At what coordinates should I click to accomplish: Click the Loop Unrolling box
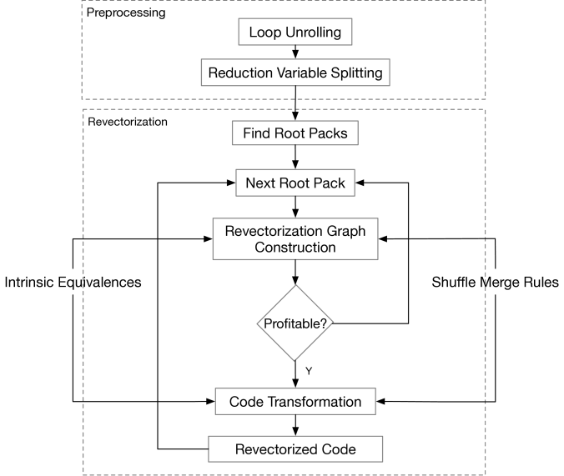[295, 32]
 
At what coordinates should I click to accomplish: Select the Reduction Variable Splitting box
[295, 73]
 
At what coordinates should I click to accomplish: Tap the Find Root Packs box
[295, 133]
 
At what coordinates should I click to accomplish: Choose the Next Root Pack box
[295, 183]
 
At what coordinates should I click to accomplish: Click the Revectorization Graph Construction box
[295, 238]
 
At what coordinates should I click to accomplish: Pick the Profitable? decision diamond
[295, 323]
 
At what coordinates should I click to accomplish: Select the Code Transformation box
[295, 402]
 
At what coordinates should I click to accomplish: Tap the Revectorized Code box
[295, 449]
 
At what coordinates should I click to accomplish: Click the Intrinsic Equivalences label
[73, 283]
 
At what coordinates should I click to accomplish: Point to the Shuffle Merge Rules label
[496, 283]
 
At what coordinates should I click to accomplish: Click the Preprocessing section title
[126, 13]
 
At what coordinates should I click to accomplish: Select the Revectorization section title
[128, 122]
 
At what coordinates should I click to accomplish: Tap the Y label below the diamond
[309, 371]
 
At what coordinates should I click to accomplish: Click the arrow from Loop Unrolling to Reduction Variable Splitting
[295, 53]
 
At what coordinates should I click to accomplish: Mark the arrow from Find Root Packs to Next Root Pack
[295, 157]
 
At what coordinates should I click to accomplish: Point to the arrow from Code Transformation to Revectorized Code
[295, 426]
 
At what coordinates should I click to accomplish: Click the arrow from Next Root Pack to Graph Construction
[295, 207]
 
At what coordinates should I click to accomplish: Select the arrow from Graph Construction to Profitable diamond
[295, 272]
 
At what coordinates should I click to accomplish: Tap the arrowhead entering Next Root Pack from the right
[360, 183]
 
